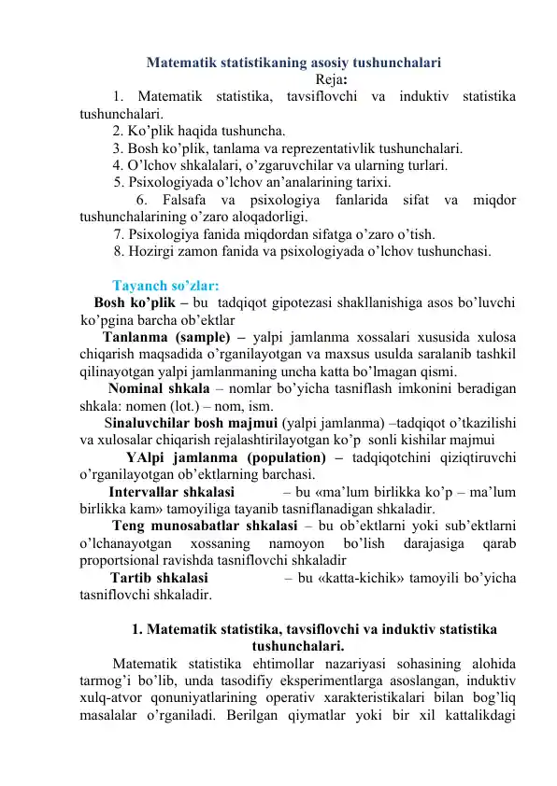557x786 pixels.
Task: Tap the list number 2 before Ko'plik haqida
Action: (x=116, y=131)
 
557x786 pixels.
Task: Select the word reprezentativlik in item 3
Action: (x=340, y=148)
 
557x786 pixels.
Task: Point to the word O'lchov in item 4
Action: (x=150, y=166)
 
